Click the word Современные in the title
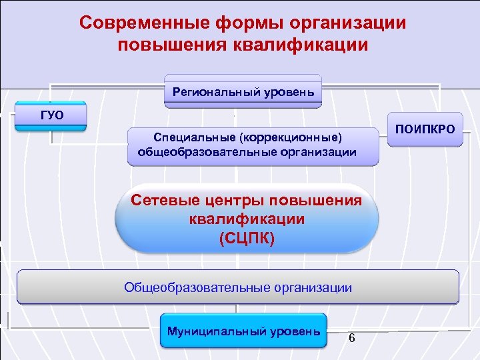pos(137,23)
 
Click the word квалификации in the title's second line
pos(300,45)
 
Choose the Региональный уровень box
pos(243,91)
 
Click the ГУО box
pos(52,116)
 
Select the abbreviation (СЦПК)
pos(246,237)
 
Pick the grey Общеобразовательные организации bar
pos(238,287)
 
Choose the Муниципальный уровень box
pos(243,331)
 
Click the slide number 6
pos(351,338)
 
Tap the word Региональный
pos(214,91)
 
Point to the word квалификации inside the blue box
pos(246,219)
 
